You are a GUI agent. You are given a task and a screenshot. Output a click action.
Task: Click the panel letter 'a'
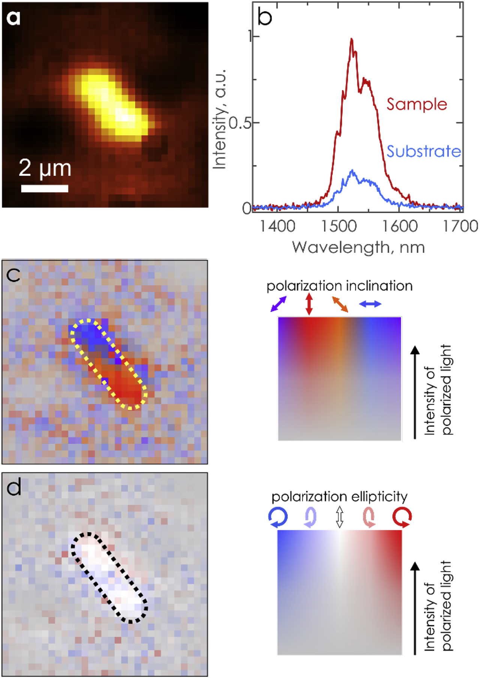click(13, 18)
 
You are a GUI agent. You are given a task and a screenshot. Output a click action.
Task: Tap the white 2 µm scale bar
click(45, 188)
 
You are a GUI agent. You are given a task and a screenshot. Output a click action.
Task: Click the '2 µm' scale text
click(45, 169)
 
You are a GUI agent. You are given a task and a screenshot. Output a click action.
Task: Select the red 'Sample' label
click(417, 104)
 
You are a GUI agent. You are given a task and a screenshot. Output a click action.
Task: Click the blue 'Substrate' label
click(424, 151)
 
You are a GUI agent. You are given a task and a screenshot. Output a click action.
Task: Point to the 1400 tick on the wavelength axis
click(277, 226)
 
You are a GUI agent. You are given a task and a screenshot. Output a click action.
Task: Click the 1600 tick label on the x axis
click(399, 226)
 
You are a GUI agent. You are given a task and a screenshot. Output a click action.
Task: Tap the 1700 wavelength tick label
click(460, 226)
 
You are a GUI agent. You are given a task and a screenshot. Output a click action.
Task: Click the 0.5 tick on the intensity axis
click(240, 123)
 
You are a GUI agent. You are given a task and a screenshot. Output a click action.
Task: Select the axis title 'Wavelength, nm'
click(358, 247)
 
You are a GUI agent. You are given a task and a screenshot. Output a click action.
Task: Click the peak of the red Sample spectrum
click(351, 39)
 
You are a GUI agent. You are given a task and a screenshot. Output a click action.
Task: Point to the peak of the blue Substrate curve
click(352, 171)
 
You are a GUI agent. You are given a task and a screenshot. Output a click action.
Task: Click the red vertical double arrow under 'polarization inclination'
click(309, 304)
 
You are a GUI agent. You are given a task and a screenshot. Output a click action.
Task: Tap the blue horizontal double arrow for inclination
click(370, 304)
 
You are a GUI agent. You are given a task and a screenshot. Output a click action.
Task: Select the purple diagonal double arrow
click(278, 304)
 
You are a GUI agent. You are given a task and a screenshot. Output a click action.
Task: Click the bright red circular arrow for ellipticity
click(402, 517)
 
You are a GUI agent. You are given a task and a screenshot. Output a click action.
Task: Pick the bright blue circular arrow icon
click(278, 517)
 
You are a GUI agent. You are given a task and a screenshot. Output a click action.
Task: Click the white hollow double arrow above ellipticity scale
click(339, 517)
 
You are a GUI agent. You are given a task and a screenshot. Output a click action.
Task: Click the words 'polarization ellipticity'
click(339, 497)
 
